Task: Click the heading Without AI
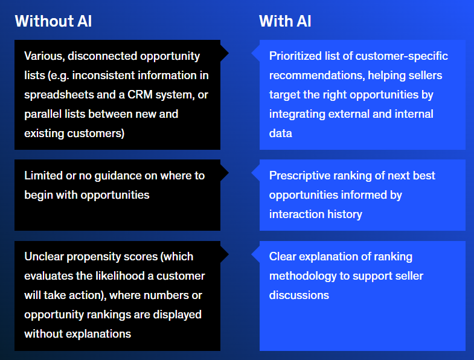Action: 53,21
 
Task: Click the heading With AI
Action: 285,21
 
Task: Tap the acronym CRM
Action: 140,95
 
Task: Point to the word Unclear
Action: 44,257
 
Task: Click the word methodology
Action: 303,277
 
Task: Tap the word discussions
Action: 299,295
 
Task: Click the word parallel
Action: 43,114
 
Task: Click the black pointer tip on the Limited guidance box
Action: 228,173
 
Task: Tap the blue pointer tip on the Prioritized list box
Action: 252,53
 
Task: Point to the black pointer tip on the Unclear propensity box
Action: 228,254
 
